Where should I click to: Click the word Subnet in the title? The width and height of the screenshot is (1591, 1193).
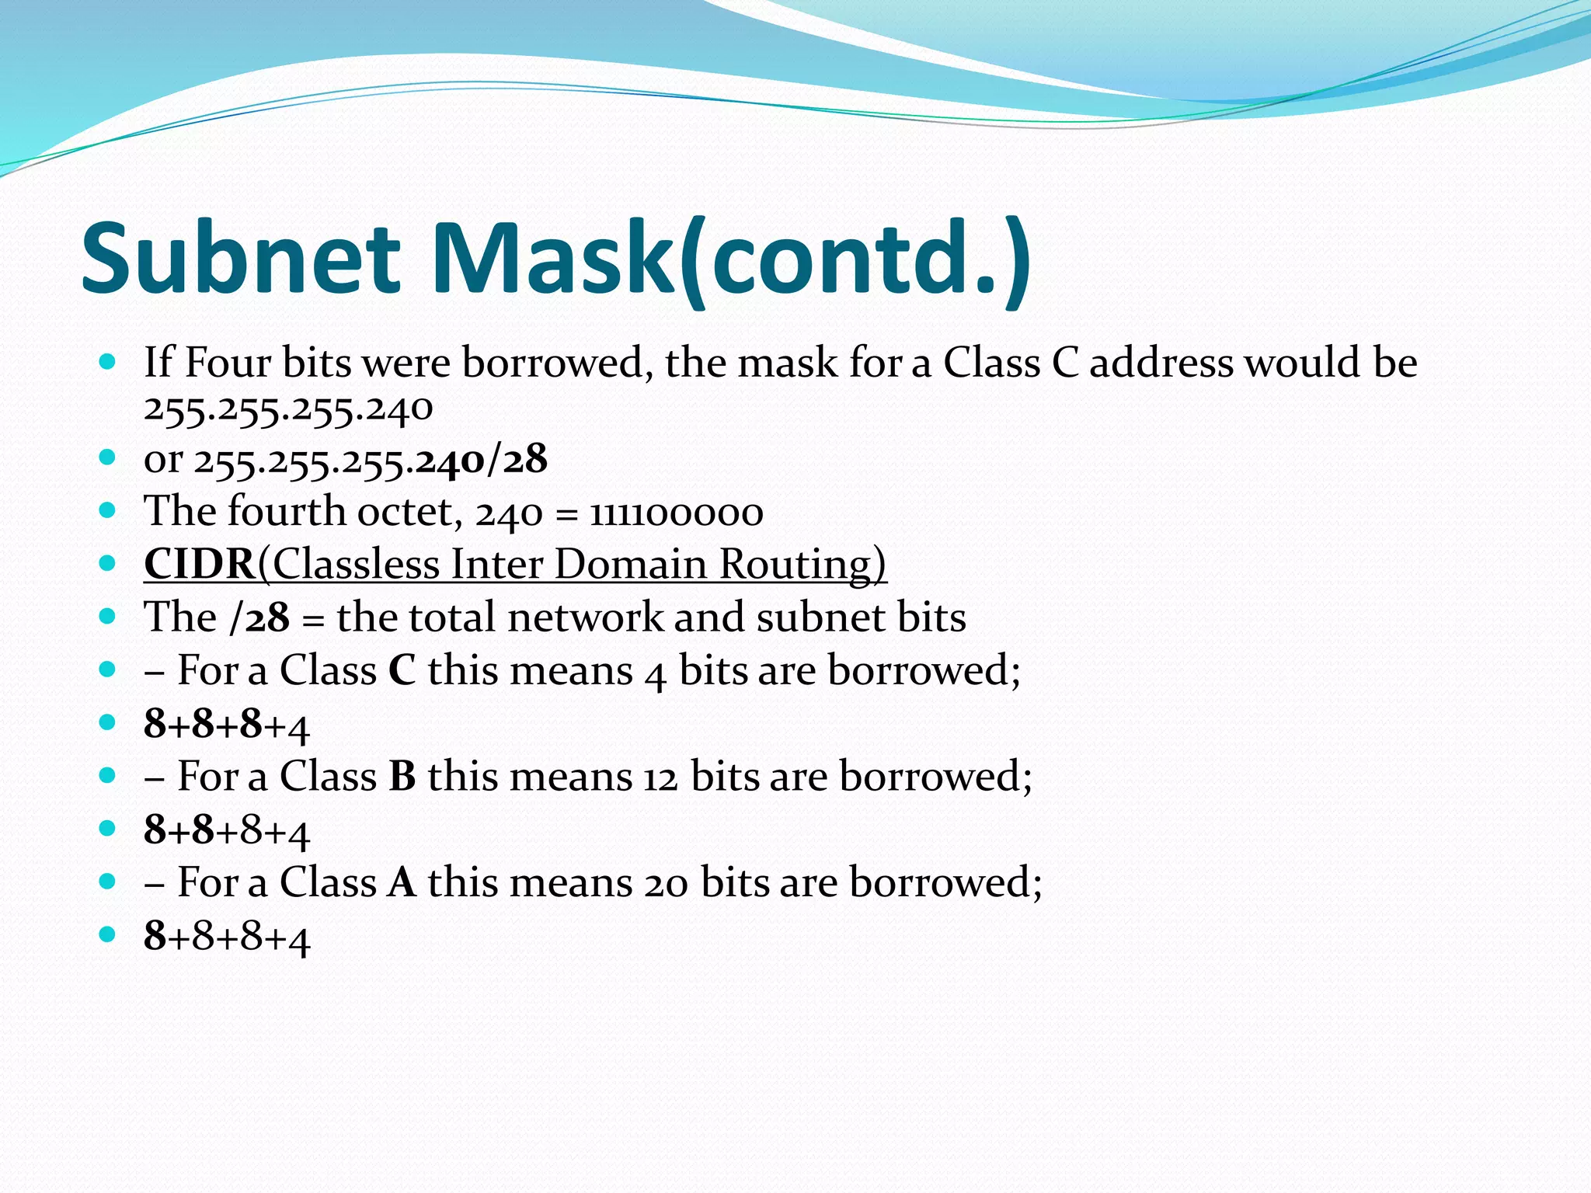[x=241, y=258]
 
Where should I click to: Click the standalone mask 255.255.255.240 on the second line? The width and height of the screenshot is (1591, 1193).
[x=288, y=409]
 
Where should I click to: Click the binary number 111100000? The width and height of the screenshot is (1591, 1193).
[x=676, y=513]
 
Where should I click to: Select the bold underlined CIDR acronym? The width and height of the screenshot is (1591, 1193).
[x=200, y=564]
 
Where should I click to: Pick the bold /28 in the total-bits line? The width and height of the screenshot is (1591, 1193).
[x=259, y=618]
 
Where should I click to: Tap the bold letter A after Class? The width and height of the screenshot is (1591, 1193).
[x=402, y=882]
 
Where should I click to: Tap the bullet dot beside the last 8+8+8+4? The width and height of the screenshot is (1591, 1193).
[x=108, y=934]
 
